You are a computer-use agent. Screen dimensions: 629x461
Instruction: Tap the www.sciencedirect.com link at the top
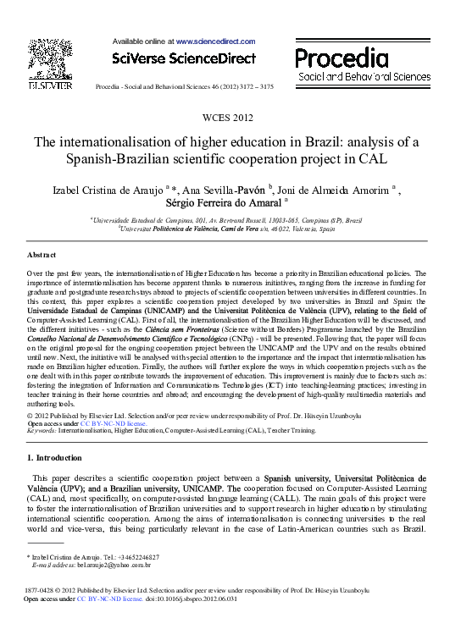click(214, 41)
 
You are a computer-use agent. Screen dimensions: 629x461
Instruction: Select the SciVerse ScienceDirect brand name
click(183, 58)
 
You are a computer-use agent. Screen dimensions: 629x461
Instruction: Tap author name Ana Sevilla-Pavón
click(224, 189)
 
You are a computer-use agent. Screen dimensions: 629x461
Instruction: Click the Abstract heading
click(42, 255)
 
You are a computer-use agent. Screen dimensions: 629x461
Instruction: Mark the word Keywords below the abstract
click(42, 430)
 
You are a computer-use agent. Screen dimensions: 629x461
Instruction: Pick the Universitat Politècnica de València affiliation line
click(230, 229)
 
